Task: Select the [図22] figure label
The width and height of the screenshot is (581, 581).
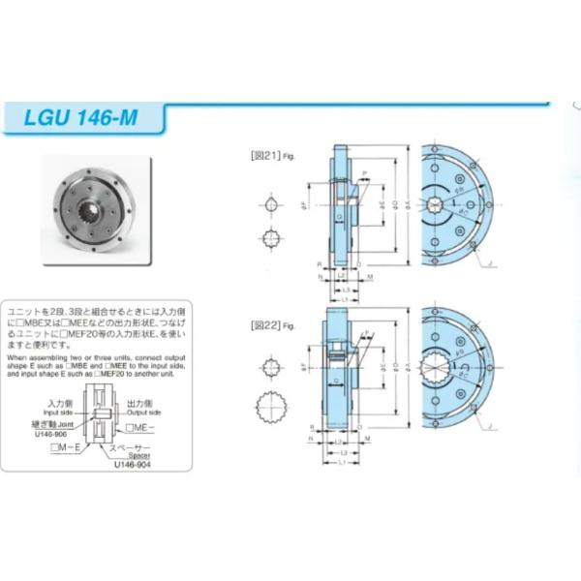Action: (265, 324)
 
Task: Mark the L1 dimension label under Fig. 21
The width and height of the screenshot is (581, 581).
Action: (345, 300)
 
